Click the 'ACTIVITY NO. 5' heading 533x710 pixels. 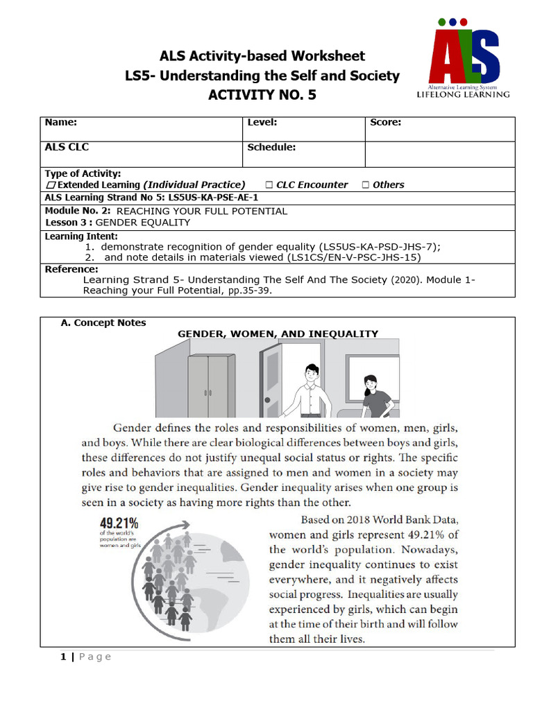tap(262, 95)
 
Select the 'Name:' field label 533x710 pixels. tap(61, 122)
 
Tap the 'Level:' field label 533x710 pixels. tap(262, 122)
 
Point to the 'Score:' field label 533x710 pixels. tap(386, 122)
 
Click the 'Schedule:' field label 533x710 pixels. tap(271, 147)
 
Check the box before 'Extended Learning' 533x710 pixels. tap(51, 185)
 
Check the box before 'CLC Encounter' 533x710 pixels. tap(269, 185)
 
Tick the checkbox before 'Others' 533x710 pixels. tap(365, 185)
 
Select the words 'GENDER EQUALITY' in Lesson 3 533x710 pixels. tap(142, 223)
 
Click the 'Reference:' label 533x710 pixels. tap(71, 269)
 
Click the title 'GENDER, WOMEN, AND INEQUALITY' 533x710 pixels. tap(278, 334)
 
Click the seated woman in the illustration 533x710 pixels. tap(375, 397)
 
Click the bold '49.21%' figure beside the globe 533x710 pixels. tap(119, 523)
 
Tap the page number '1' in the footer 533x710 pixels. tap(62, 657)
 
